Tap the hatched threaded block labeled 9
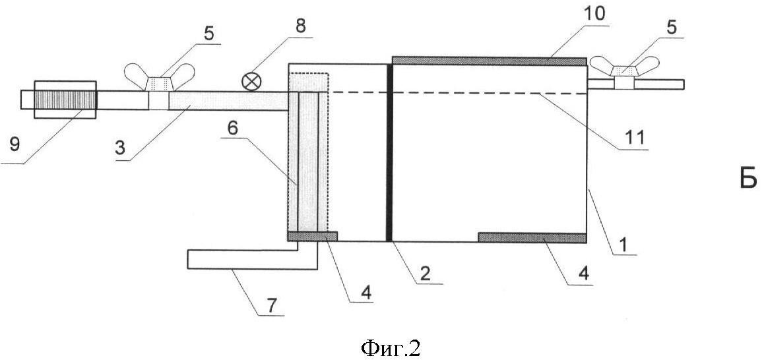tap(65, 100)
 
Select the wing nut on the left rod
tap(159, 77)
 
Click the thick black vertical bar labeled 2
tap(389, 152)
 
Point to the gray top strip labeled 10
tap(489, 61)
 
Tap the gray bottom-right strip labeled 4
tap(532, 237)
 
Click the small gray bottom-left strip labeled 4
tap(312, 236)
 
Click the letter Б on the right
tap(748, 178)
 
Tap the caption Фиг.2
tap(391, 348)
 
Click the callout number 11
tap(634, 137)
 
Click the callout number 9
tap(15, 146)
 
